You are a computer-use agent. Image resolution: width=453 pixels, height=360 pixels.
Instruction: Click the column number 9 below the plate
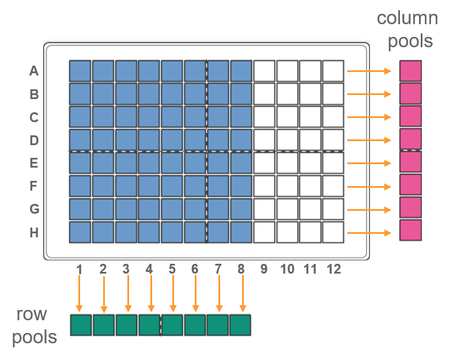tap(264, 268)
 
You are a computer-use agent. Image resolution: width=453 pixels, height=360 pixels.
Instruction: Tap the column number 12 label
tap(333, 268)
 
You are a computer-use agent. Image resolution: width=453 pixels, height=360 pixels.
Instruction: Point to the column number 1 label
tap(80, 268)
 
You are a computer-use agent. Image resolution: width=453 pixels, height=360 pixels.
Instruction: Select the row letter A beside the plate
tap(34, 73)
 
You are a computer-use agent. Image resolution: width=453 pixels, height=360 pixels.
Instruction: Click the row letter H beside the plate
tap(34, 233)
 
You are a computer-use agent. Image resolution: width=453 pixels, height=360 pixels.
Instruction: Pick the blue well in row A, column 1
tap(80, 71)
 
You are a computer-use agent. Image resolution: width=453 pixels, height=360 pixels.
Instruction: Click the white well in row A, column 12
tap(333, 71)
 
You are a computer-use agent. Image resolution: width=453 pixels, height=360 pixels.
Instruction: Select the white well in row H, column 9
tap(264, 232)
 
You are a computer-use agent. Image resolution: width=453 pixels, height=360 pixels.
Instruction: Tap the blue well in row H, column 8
tap(241, 232)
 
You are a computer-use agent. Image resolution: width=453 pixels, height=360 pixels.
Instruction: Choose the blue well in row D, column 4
tap(149, 139)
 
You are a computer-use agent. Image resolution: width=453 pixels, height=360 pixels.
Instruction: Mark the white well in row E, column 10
tap(287, 162)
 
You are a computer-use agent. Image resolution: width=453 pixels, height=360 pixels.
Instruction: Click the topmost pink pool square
tap(410, 71)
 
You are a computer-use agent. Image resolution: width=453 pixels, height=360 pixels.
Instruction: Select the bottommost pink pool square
tap(410, 230)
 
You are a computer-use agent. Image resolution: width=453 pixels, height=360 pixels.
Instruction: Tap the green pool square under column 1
tap(81, 325)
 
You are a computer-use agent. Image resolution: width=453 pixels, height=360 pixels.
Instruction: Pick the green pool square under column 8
tap(240, 325)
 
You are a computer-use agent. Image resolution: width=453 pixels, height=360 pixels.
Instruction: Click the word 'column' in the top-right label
tap(407, 18)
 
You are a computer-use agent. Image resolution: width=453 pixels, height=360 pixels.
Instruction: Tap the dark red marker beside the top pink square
tap(395, 75)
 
